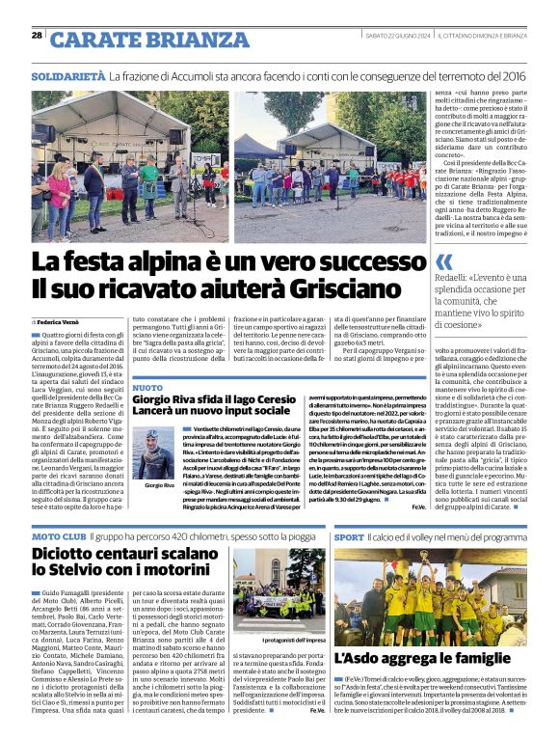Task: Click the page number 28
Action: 37,36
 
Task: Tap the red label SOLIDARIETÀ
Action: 67,76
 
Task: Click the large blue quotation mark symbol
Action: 444,261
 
